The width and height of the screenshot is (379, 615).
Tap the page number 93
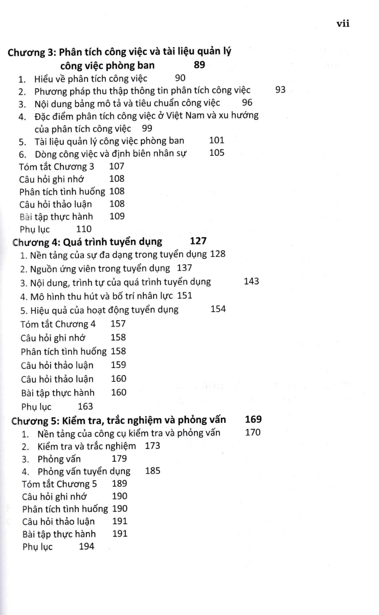[280, 90]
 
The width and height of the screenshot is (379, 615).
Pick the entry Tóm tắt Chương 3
[56, 167]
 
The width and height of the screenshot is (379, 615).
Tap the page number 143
[252, 281]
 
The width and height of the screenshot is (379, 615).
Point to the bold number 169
[253, 419]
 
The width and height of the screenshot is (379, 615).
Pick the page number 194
[87, 546]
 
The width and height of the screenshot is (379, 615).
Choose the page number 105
[217, 153]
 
